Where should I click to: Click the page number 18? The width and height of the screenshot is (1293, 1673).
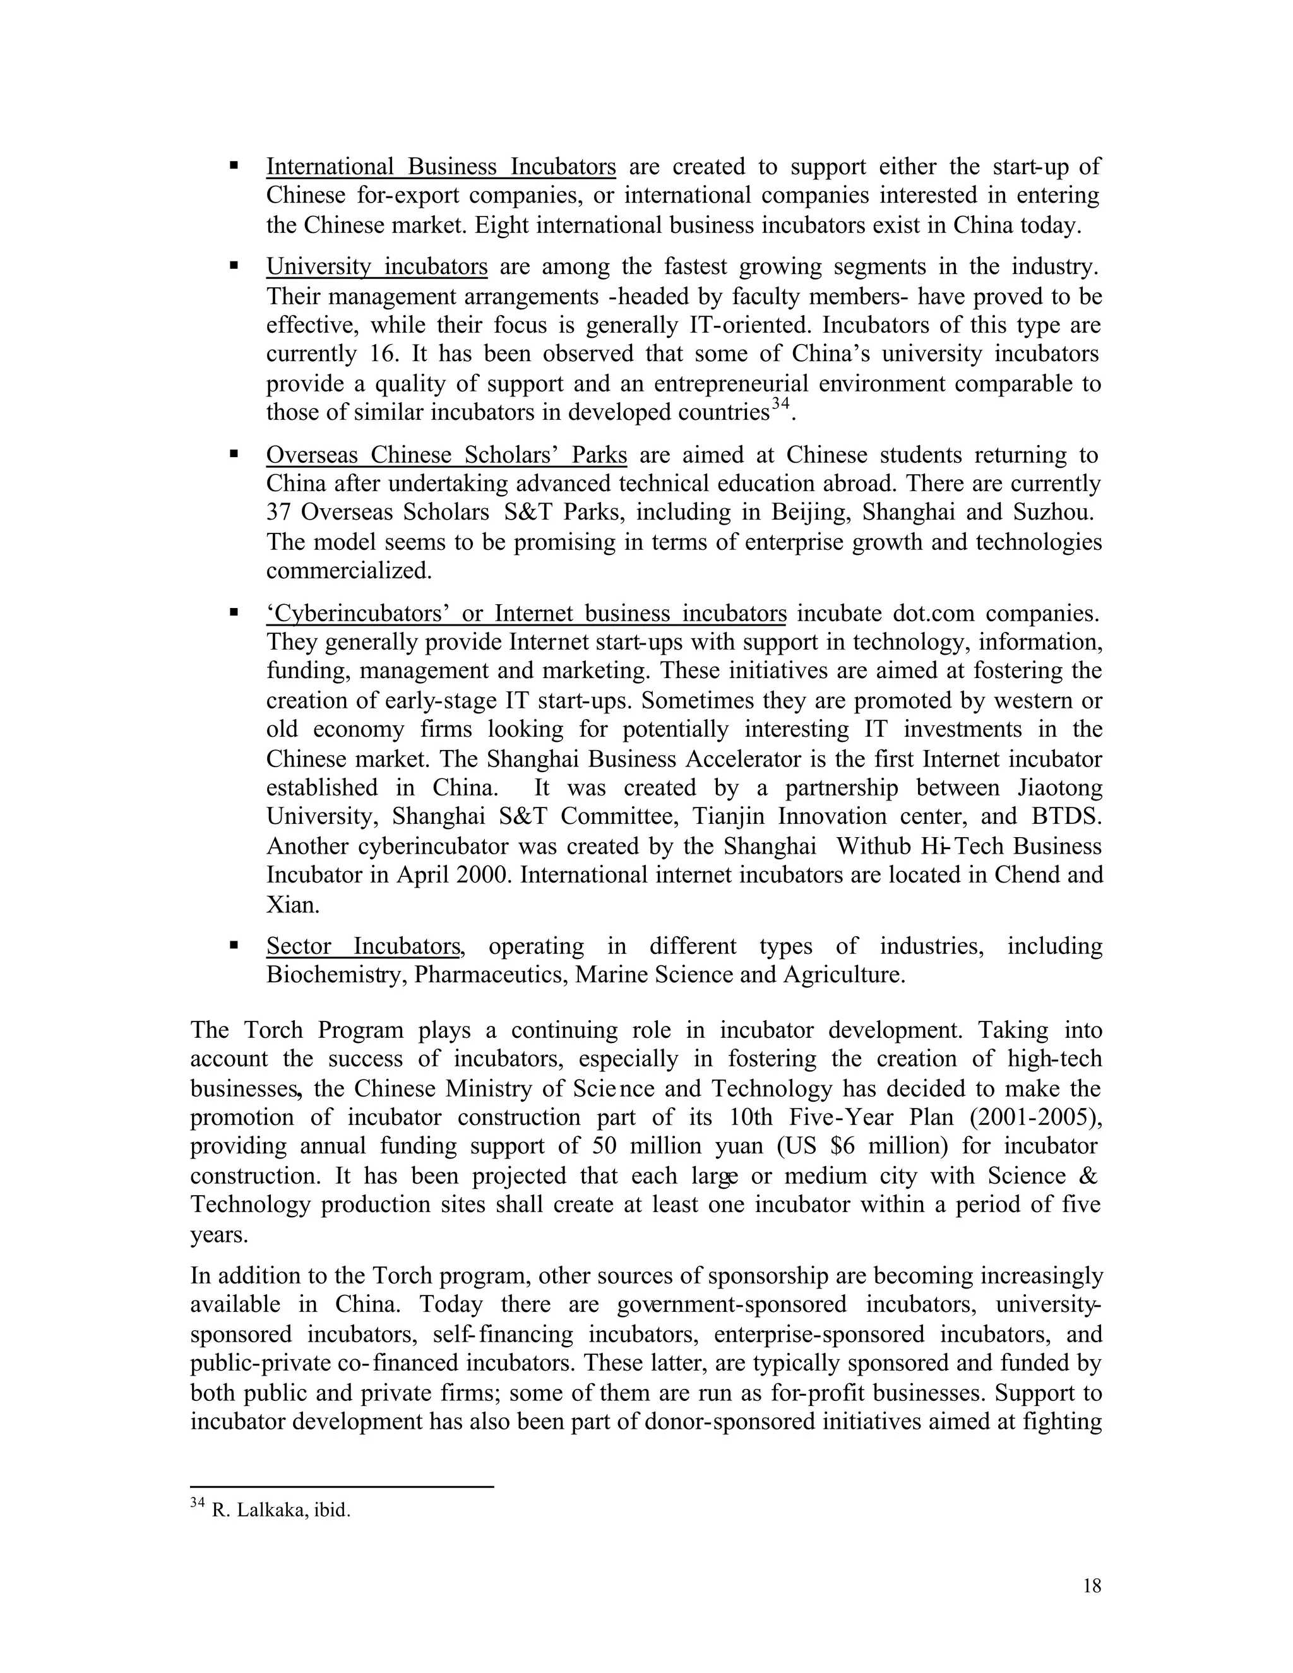tap(1092, 1587)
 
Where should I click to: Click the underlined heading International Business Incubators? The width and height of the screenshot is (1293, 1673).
tap(441, 167)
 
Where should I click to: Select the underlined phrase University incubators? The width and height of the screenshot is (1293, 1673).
tap(376, 267)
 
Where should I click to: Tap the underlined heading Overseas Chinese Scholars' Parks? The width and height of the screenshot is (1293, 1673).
tap(446, 455)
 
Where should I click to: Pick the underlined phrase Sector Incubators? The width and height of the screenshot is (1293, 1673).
tap(364, 947)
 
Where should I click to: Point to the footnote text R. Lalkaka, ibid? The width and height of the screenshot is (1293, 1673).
tap(280, 1511)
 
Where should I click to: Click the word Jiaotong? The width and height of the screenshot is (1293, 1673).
tap(1060, 789)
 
